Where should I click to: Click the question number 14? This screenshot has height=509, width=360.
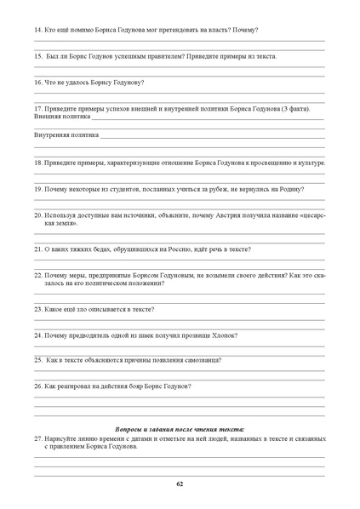point(38,31)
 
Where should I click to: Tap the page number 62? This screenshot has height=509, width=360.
point(180,483)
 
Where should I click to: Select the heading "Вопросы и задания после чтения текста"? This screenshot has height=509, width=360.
point(180,429)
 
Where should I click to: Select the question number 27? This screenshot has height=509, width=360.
point(38,438)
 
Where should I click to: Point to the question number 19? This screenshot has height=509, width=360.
point(38,189)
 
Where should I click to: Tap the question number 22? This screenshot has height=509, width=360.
point(38,276)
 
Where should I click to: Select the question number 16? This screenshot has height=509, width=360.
point(38,83)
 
